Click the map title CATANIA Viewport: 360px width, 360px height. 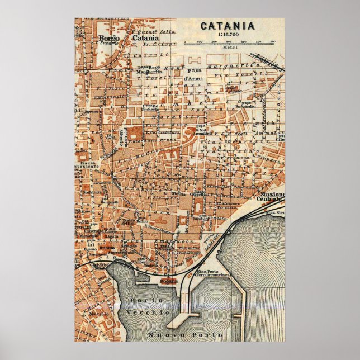[x=227, y=25]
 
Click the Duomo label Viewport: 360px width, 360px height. [x=93, y=250]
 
